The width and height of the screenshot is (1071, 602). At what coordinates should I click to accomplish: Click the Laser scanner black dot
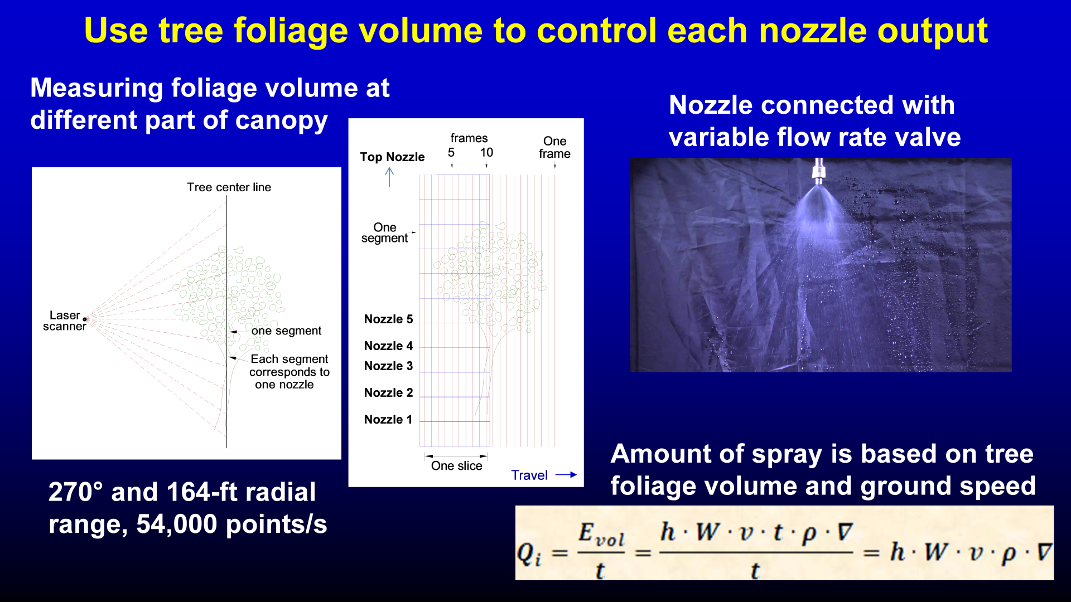pos(85,319)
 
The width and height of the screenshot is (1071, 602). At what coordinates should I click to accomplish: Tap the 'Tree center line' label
pos(229,187)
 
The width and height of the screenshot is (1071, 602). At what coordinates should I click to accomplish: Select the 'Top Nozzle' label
pos(392,157)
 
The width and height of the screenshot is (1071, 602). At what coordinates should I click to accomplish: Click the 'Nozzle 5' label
pos(388,319)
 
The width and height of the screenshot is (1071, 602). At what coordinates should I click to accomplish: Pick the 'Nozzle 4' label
pos(388,346)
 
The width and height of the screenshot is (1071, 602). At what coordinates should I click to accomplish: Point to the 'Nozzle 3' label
pos(388,366)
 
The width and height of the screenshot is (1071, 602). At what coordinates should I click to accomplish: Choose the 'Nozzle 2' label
pos(388,393)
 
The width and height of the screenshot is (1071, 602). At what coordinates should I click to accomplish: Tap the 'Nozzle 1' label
pos(388,420)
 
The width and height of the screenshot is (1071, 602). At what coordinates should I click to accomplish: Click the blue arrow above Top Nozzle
pos(389,177)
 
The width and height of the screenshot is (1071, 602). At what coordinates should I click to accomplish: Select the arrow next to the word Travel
pos(566,475)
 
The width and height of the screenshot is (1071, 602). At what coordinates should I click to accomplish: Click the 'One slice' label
pos(456,466)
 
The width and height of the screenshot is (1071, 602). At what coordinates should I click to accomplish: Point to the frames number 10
pos(486,153)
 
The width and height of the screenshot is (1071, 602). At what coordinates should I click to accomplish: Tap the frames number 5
pos(451,153)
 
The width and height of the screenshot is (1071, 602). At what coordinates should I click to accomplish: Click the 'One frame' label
pos(554,148)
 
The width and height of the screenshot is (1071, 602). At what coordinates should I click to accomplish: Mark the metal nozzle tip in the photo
pos(818,172)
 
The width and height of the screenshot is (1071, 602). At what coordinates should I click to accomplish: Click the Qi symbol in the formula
pos(529,554)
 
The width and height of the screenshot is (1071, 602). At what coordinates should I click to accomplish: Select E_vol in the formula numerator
pos(601,534)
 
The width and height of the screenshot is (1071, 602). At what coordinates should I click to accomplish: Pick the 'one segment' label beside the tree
pos(286,331)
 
